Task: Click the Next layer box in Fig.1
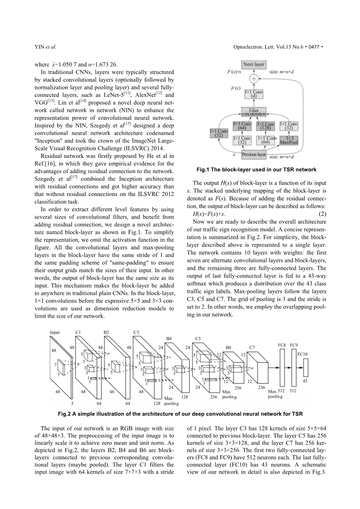pyautogui.click(x=254, y=64)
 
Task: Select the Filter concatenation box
pyautogui.click(x=254, y=112)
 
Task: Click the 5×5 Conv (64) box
pyautogui.click(x=242, y=126)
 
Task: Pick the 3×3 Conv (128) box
pyautogui.click(x=265, y=126)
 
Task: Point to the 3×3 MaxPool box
pyautogui.click(x=288, y=140)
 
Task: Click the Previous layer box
pyautogui.click(x=254, y=155)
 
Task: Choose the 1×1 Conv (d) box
pyautogui.click(x=254, y=94)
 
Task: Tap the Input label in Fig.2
pyautogui.click(x=55, y=332)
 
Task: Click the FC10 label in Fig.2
pyautogui.click(x=302, y=354)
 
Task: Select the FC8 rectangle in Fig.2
pyautogui.click(x=282, y=367)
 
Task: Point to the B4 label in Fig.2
pyautogui.click(x=169, y=339)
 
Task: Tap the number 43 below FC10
pyautogui.click(x=305, y=381)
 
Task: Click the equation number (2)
pyautogui.click(x=322, y=214)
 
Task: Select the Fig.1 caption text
pyautogui.click(x=256, y=170)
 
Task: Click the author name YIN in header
pyautogui.click(x=39, y=47)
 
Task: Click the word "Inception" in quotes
pyautogui.click(x=49, y=141)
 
